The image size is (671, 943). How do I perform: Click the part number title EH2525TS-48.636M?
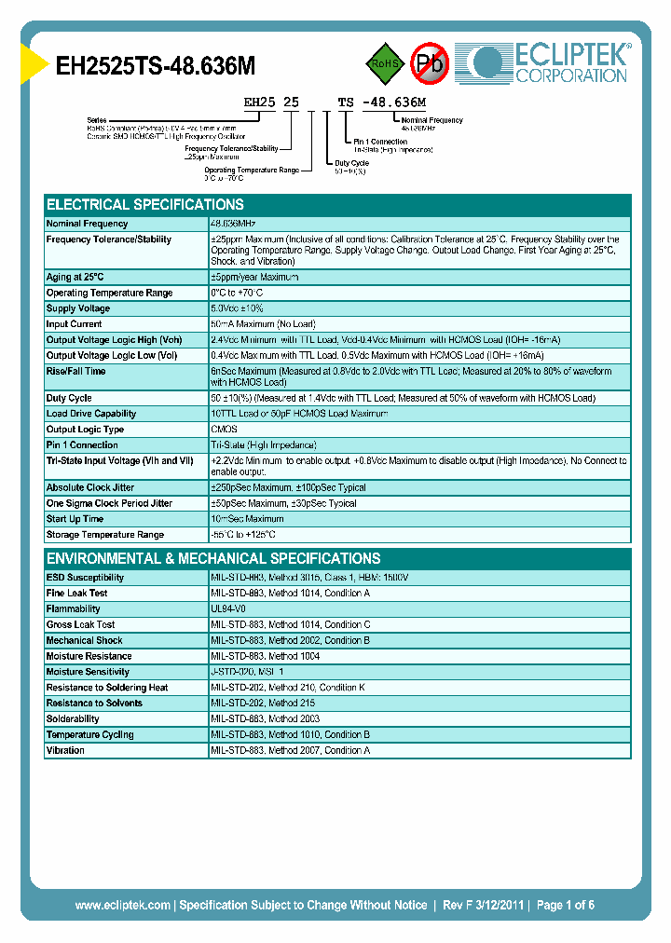156,65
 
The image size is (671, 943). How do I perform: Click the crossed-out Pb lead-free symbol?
430,63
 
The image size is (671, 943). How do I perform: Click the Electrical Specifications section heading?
145,205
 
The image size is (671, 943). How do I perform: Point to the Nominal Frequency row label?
88,224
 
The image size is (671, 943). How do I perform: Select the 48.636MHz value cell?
233,224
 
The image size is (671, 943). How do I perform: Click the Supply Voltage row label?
78,308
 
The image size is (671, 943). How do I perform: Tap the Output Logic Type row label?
85,430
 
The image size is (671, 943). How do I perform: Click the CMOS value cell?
224,430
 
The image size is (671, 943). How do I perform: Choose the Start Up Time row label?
75,519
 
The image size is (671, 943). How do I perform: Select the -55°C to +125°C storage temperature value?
243,535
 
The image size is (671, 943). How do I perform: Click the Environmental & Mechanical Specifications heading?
213,559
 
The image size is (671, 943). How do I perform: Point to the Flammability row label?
74,608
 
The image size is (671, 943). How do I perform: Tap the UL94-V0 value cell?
229,608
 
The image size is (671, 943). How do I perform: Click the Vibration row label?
65,750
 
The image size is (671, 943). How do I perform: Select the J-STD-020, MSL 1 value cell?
247,672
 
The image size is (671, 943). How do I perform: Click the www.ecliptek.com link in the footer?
122,905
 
